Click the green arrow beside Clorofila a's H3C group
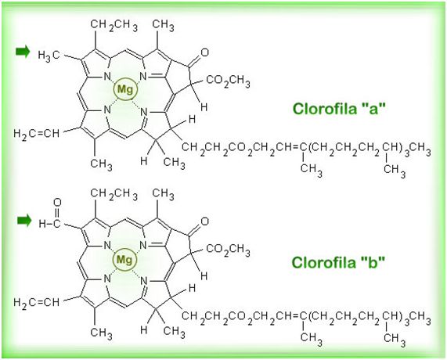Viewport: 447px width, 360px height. (x=23, y=52)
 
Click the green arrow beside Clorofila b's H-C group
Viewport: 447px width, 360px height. (x=24, y=221)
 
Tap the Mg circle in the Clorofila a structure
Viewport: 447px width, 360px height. (x=125, y=89)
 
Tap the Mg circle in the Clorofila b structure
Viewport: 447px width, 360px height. (x=124, y=259)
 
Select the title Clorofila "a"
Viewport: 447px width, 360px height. (x=339, y=109)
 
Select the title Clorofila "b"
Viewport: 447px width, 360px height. (x=338, y=262)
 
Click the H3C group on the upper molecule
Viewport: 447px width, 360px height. (x=49, y=55)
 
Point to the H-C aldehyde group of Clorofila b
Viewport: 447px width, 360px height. (x=49, y=224)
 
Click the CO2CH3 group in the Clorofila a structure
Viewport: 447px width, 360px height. (x=228, y=81)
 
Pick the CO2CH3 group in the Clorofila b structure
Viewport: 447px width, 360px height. (x=228, y=250)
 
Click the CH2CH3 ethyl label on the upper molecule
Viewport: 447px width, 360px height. (x=114, y=25)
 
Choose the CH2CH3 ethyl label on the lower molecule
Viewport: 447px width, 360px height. (x=114, y=194)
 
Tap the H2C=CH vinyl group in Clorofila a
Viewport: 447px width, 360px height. (x=37, y=133)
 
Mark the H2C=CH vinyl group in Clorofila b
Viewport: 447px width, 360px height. (x=37, y=302)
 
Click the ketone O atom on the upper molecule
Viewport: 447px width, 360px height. (x=204, y=52)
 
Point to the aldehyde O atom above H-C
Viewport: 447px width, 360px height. (x=57, y=203)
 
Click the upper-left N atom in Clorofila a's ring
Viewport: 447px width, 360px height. (x=107, y=76)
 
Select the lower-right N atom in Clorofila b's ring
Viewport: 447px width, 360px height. (x=144, y=281)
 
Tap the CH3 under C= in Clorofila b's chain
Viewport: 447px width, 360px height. (x=312, y=338)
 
